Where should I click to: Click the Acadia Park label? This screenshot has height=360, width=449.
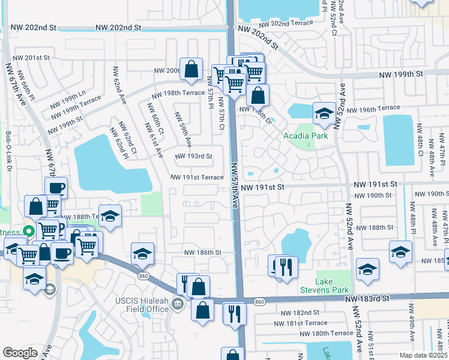tap(306, 136)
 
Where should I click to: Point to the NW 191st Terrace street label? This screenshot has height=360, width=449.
tap(197, 178)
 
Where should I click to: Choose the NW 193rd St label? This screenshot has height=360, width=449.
tap(194, 157)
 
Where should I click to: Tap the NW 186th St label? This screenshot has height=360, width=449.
tap(203, 253)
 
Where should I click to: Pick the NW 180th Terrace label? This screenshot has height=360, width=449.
tap(327, 333)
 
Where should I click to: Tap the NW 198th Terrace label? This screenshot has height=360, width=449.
tap(178, 94)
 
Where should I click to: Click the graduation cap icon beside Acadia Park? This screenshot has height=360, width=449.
tap(324, 113)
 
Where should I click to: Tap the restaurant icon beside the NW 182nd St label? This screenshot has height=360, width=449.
tap(234, 313)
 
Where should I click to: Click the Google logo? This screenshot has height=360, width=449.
tap(20, 353)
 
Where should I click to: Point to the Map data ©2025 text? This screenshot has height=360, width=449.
tap(423, 355)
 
